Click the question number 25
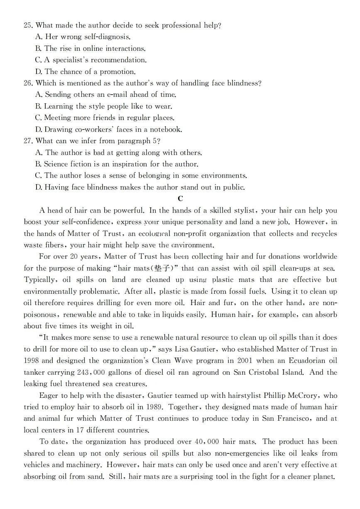(28, 25)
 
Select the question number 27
(28, 141)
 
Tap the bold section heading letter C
(180, 199)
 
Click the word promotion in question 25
(118, 72)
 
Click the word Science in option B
(57, 164)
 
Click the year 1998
(31, 361)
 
